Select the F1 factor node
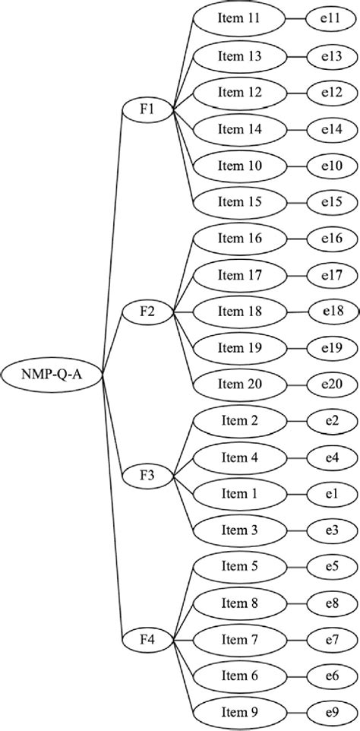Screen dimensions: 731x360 click(147, 111)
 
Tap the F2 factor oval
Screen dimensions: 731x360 click(147, 312)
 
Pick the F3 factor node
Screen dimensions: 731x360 click(147, 476)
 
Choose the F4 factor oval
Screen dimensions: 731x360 click(147, 641)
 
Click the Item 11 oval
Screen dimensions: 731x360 click(240, 19)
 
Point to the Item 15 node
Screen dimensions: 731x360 click(240, 202)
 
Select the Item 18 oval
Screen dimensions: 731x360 click(240, 312)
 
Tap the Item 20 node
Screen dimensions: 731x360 click(240, 384)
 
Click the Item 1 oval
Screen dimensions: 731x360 click(240, 494)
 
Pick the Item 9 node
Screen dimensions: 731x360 click(240, 714)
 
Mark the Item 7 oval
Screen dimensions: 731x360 click(240, 641)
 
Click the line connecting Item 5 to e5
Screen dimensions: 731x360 click(297, 568)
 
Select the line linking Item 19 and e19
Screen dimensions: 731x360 click(297, 348)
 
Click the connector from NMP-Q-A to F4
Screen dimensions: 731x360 click(111, 517)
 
